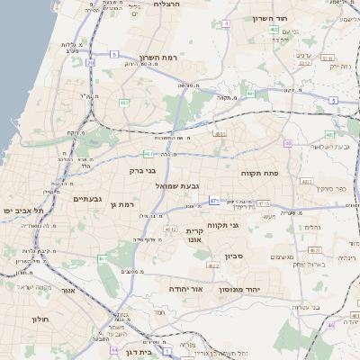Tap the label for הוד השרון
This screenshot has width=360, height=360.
(294, 18)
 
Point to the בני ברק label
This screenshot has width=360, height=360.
(142, 168)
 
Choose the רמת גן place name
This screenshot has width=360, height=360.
(120, 205)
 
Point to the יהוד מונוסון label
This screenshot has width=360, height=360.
(264, 290)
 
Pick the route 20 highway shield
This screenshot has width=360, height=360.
(91, 63)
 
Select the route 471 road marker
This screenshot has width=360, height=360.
(213, 200)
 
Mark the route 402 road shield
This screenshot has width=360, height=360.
(273, 30)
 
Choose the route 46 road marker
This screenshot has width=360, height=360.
(330, 325)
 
